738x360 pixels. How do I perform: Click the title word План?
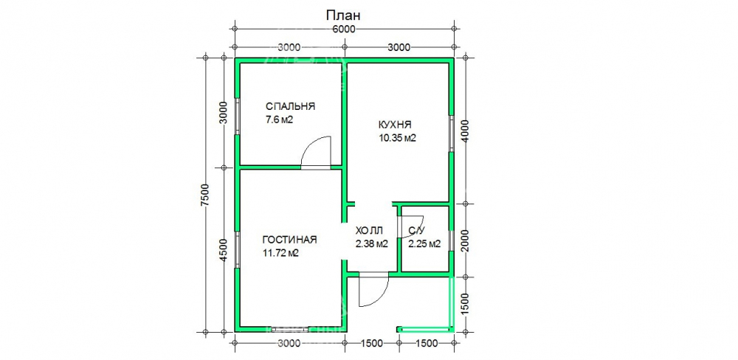[344, 15]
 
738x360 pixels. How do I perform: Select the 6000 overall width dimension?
[344, 30]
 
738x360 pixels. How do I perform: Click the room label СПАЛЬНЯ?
[290, 106]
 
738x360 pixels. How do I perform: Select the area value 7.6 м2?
[280, 120]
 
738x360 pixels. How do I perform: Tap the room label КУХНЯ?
[395, 125]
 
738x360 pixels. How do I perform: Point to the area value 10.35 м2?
[398, 139]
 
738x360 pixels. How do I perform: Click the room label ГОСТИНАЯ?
[289, 240]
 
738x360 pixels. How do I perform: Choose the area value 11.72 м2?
[281, 253]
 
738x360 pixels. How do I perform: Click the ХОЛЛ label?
[370, 231]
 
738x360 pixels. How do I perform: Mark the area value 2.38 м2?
[372, 243]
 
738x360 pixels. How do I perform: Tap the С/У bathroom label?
[418, 231]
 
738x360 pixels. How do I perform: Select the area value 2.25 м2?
[424, 243]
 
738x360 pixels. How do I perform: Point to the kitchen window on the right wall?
[451, 133]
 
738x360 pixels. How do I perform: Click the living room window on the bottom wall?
[290, 329]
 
